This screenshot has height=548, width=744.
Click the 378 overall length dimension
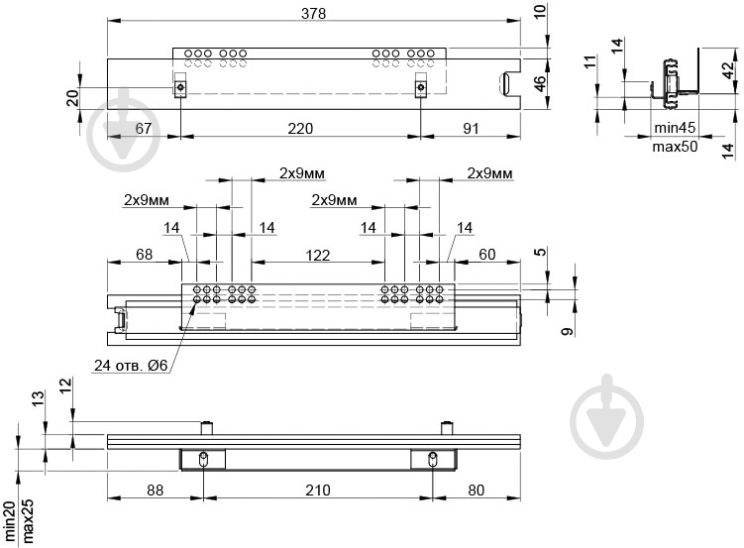[314, 13]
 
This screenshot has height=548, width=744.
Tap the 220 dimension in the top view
[300, 129]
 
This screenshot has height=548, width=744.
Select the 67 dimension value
[144, 129]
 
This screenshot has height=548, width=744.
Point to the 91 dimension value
[471, 129]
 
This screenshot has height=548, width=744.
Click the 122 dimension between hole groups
[317, 256]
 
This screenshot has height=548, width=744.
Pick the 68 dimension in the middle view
[145, 255]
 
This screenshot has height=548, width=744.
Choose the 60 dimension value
[486, 255]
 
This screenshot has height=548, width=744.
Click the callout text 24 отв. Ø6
[131, 366]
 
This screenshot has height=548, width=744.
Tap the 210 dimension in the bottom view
[317, 491]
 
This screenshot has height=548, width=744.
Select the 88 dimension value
[156, 491]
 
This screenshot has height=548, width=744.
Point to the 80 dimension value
[476, 491]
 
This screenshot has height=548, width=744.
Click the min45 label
[675, 128]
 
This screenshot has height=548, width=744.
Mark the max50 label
[676, 147]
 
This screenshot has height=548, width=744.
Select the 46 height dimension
[540, 83]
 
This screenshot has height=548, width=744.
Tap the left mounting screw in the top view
[180, 87]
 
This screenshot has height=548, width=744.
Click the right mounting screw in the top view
[420, 87]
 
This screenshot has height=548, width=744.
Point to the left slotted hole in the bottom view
[203, 459]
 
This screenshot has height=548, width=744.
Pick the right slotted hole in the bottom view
[433, 459]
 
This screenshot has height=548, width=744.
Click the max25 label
[28, 520]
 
